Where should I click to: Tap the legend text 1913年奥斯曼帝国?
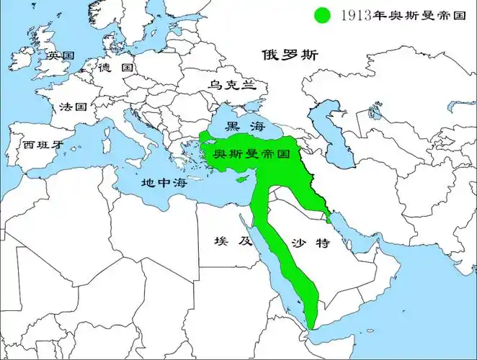point(395,14)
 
